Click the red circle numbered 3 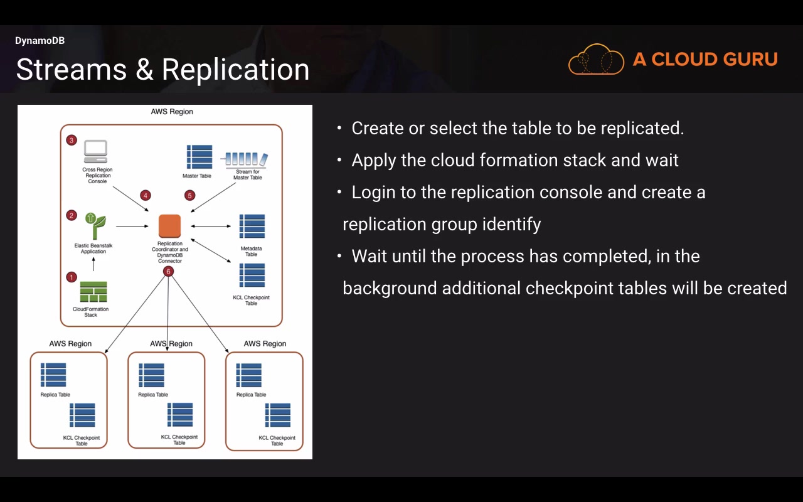click(72, 140)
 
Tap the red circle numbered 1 click(72, 277)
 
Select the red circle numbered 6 click(168, 272)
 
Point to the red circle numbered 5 click(189, 195)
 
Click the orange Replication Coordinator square click(169, 226)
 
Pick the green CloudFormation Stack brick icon click(93, 292)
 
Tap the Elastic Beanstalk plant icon click(95, 226)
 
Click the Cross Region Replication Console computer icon click(95, 151)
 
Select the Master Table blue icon click(199, 157)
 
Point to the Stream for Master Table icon click(247, 159)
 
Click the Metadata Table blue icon click(252, 227)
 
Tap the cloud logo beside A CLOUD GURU click(596, 59)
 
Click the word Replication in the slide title click(235, 70)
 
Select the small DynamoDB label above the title click(40, 41)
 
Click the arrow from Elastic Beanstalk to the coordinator click(132, 227)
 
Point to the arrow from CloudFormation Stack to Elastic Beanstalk click(93, 264)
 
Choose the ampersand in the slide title click(144, 69)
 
